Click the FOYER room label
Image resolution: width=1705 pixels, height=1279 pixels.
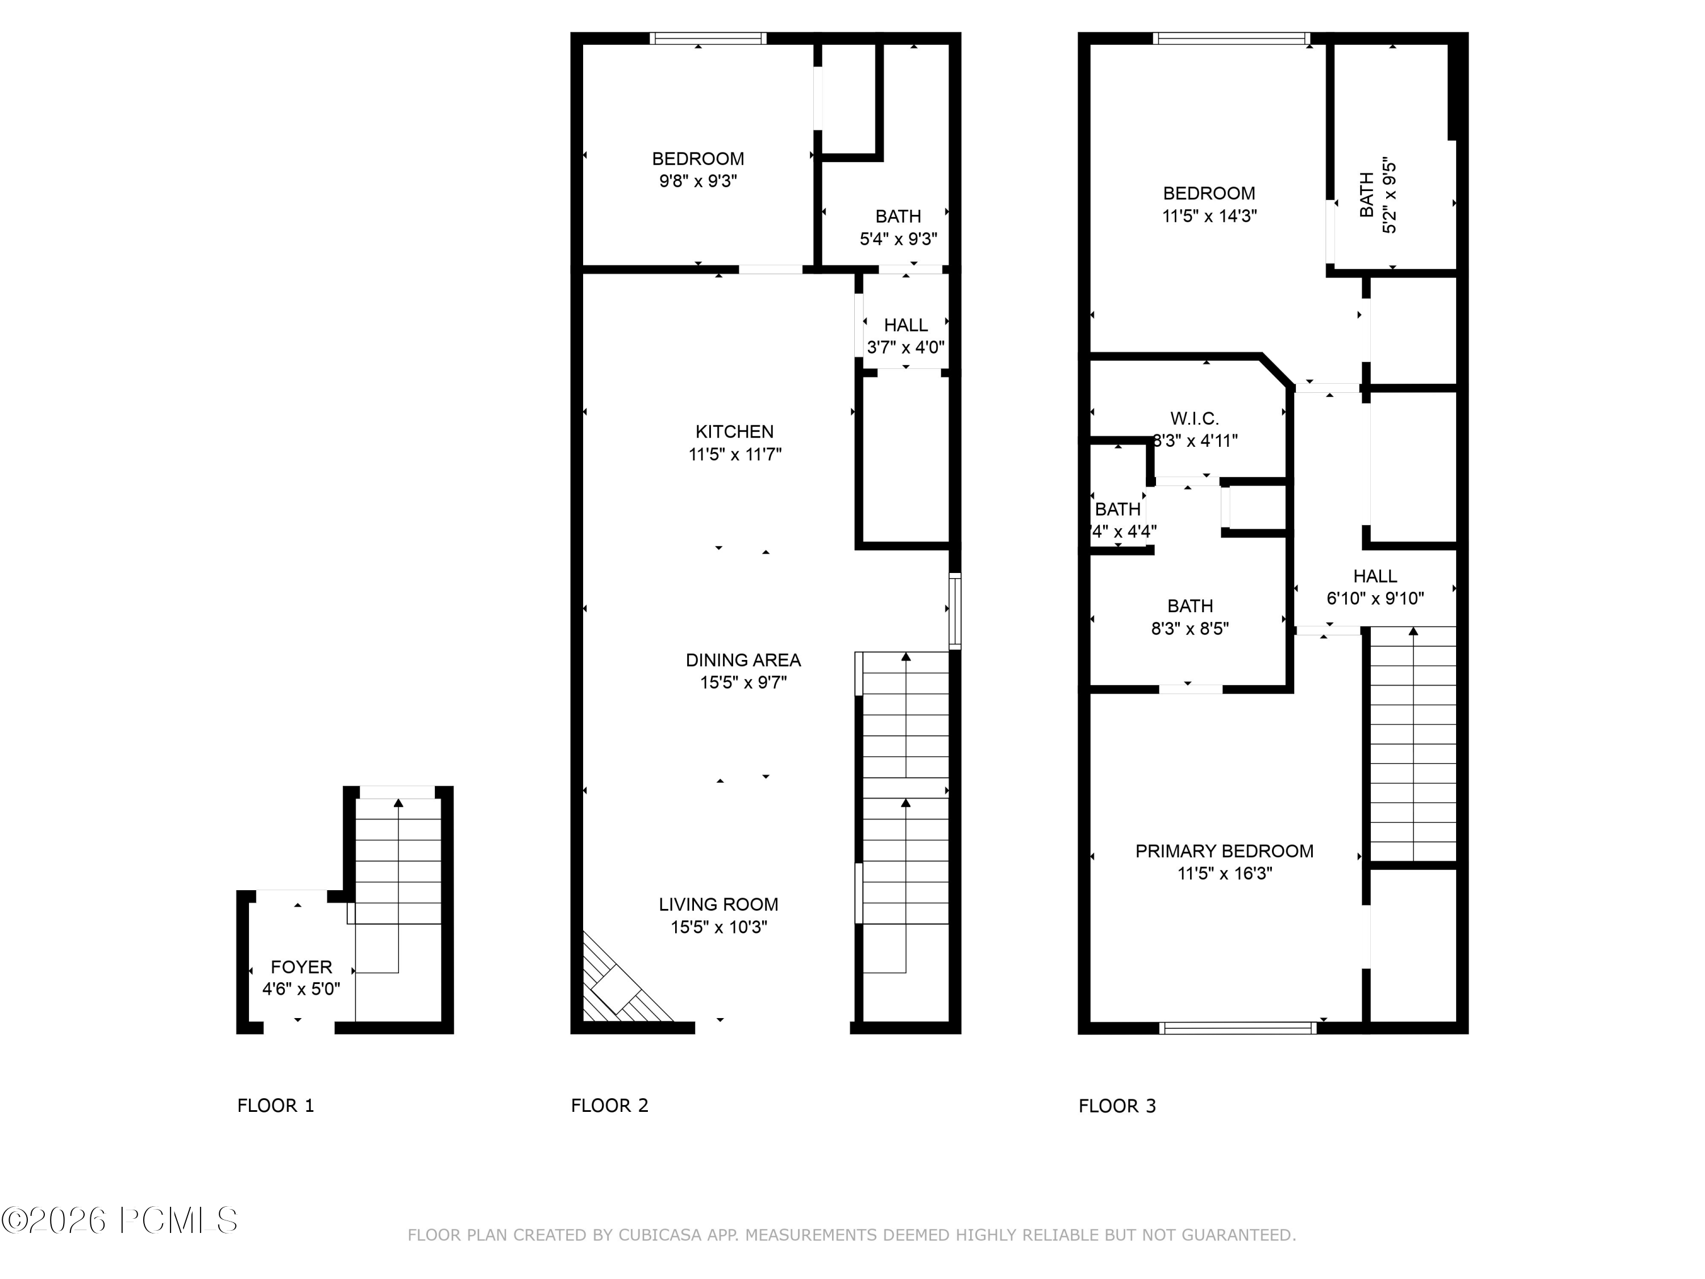pyautogui.click(x=301, y=967)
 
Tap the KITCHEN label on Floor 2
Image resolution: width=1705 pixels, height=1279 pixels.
pyautogui.click(x=734, y=431)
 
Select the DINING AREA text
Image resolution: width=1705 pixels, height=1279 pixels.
pyautogui.click(x=743, y=660)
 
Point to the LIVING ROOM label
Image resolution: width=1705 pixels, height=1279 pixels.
pyautogui.click(x=718, y=904)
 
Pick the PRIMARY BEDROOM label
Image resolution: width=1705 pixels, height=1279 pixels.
pyautogui.click(x=1224, y=851)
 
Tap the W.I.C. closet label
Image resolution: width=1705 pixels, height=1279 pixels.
pyautogui.click(x=1194, y=418)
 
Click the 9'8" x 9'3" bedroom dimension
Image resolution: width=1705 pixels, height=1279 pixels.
pyautogui.click(x=697, y=181)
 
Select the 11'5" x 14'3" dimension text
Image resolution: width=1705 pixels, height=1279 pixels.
pyautogui.click(x=1209, y=216)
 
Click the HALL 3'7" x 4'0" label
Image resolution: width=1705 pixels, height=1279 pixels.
pyautogui.click(x=906, y=336)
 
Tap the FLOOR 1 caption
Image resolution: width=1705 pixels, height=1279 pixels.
pyautogui.click(x=275, y=1106)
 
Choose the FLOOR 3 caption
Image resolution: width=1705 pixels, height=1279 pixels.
pyautogui.click(x=1117, y=1106)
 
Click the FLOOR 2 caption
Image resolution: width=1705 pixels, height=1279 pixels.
pyautogui.click(x=609, y=1106)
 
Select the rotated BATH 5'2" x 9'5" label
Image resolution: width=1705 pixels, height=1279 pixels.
pyautogui.click(x=1378, y=197)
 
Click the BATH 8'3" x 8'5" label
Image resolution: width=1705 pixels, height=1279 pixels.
pyautogui.click(x=1190, y=617)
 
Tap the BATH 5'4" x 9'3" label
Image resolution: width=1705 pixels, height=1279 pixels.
pyautogui.click(x=898, y=227)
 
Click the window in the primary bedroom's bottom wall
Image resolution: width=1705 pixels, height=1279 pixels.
pyautogui.click(x=1237, y=1028)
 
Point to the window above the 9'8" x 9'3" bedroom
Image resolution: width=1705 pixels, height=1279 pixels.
pyautogui.click(x=708, y=38)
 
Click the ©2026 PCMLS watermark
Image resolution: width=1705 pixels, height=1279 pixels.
pyautogui.click(x=119, y=1220)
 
